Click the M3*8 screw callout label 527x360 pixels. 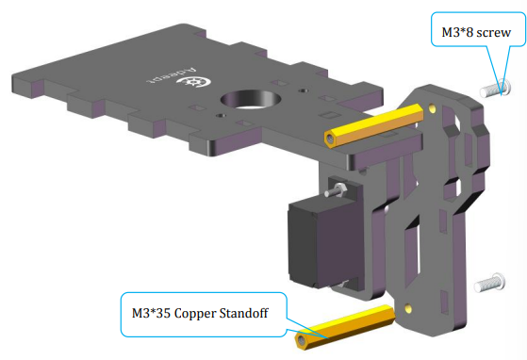(476, 32)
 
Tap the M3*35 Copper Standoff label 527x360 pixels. (200, 313)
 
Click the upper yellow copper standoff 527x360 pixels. (373, 126)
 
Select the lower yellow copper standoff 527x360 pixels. (345, 327)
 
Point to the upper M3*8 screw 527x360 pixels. (495, 89)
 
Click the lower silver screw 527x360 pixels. (489, 283)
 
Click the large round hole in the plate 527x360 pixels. (251, 99)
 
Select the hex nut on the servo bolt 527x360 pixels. (339, 188)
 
